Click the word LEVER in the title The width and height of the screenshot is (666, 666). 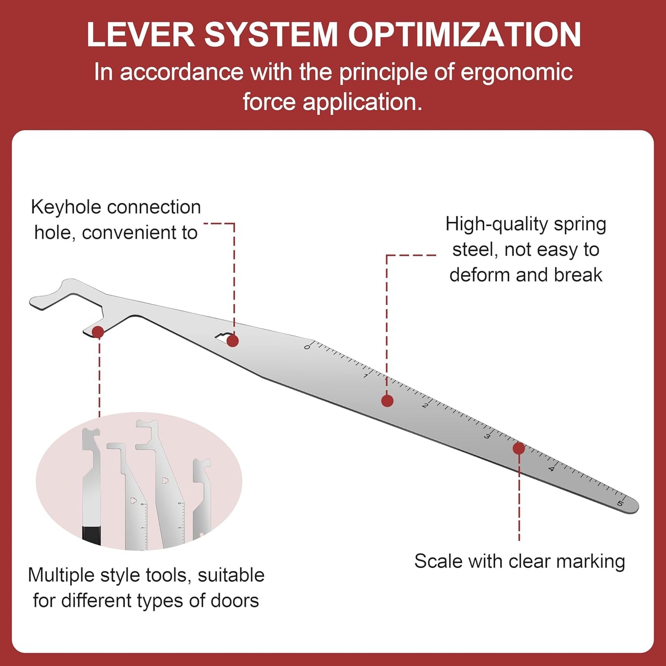coord(141,35)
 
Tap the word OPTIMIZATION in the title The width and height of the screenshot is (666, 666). coord(464,35)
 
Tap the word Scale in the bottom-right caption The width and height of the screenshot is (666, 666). coord(439,561)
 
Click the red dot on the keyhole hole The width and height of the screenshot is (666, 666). coord(233,341)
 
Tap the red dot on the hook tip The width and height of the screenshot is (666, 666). coord(98,332)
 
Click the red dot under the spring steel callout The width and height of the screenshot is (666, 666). coord(388,401)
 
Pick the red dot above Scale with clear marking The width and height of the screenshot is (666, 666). coord(519,448)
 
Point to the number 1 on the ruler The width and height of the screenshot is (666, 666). coord(365,376)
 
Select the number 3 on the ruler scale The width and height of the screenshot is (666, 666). coord(487,436)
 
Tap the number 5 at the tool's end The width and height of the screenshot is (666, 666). coord(620,503)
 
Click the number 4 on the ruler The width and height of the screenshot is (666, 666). coord(551,469)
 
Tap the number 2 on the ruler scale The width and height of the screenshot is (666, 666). coord(425,406)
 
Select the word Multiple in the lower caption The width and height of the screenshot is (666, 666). coord(61,576)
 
